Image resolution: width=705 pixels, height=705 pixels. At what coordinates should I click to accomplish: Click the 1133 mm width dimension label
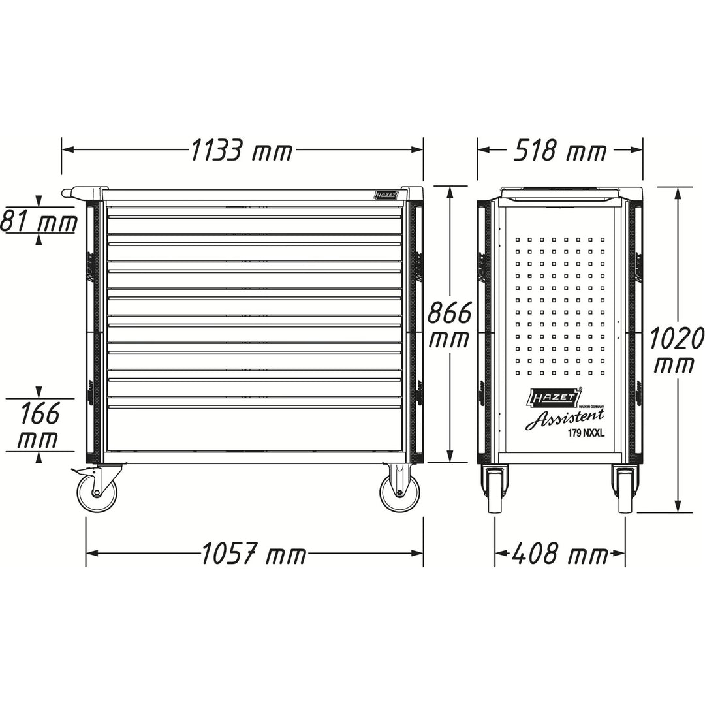[242, 151]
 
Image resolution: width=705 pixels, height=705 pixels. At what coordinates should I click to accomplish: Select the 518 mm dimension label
[560, 151]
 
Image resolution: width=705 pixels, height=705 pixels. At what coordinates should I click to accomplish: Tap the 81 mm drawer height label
[39, 222]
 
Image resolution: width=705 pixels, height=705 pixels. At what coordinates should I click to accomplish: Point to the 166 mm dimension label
[39, 426]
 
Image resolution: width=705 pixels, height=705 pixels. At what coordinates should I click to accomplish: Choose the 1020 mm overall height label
[676, 351]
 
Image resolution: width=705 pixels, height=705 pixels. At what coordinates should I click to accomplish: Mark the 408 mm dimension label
[559, 555]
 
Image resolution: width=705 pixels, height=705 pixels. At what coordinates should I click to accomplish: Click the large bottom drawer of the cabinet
[255, 429]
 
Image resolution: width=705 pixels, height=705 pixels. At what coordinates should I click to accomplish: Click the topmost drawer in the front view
[255, 211]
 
